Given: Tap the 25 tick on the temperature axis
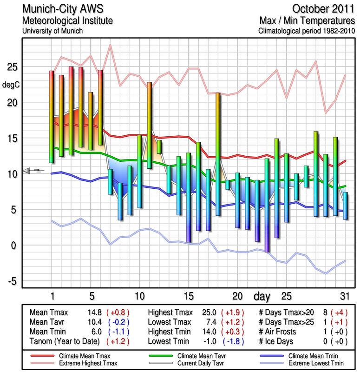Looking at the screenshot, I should pos(11,67).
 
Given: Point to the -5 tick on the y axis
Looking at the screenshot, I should pos(11,281).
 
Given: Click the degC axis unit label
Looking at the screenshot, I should pos(12,85).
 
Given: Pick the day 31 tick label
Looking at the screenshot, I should pos(345,296).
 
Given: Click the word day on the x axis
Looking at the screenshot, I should pos(263,296).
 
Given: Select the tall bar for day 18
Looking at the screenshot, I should pos(218,154).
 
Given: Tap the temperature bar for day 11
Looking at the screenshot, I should pos(149,125).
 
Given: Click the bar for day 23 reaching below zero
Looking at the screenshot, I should pos(267,205).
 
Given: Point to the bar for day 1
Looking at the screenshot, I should pos(52,117).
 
